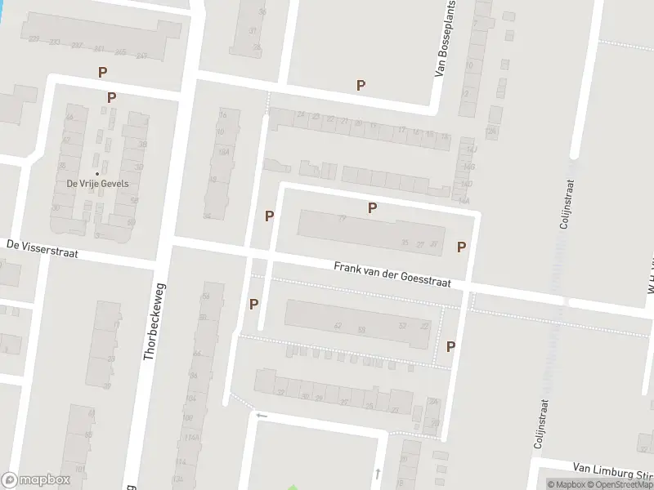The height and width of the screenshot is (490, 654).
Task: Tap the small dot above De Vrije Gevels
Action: (96, 173)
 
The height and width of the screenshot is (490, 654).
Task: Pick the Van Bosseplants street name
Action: (447, 39)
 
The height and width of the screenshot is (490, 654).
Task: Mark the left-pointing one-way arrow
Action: (262, 415)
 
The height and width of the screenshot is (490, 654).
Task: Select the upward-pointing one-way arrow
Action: (377, 473)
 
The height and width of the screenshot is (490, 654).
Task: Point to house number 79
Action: (342, 218)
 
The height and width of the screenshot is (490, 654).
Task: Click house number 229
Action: (34, 38)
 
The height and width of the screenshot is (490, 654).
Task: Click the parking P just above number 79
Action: (372, 207)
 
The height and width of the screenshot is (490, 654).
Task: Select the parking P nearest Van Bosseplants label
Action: (361, 85)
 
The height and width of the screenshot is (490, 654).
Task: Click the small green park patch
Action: (293, 488)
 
